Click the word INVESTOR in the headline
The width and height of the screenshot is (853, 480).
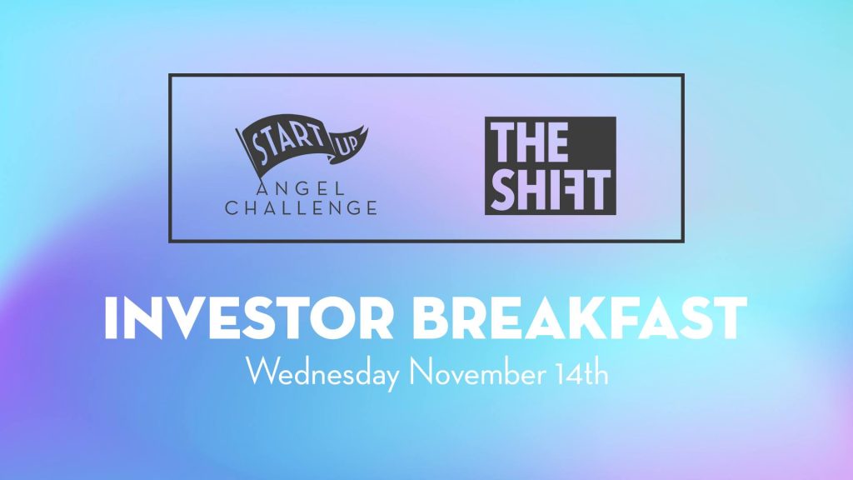(248, 318)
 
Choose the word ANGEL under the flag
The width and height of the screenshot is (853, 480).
(301, 189)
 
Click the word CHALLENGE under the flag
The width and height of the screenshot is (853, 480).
(301, 207)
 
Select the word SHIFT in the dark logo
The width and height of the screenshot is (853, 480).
(551, 189)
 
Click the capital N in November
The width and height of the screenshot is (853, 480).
(421, 372)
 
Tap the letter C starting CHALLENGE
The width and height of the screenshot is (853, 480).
(232, 207)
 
